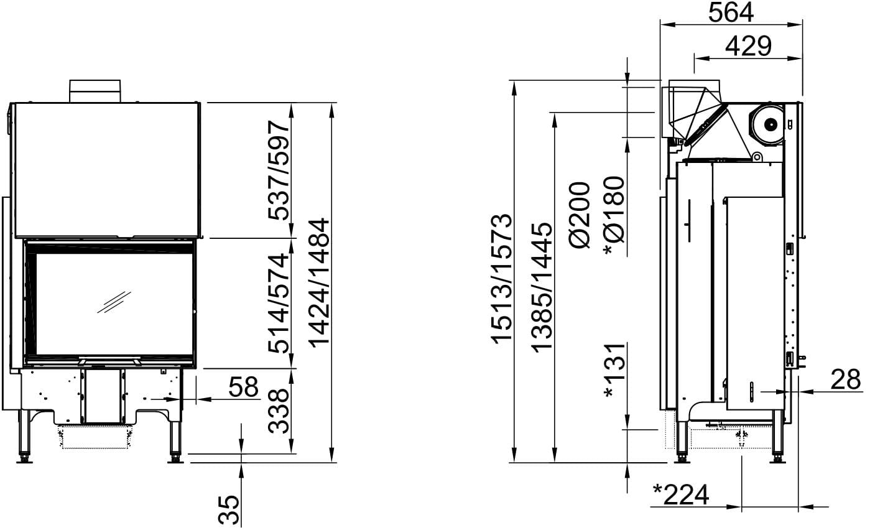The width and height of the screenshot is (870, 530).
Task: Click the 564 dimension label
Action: tap(731, 12)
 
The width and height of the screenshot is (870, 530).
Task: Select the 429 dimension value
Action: tap(748, 46)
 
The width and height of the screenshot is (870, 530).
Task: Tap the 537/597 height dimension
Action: tap(279, 170)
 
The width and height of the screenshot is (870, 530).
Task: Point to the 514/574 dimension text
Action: tap(279, 303)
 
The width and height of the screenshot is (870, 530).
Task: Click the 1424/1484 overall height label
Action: tap(319, 282)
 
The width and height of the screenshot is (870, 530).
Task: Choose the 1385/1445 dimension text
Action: tap(542, 287)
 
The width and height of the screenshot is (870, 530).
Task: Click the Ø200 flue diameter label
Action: tap(580, 215)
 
